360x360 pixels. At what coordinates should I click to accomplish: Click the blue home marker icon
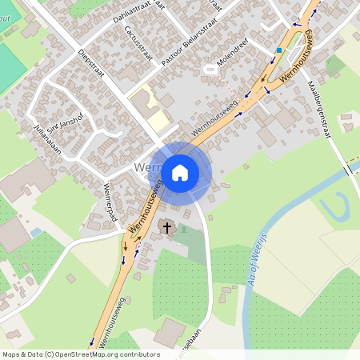[x=180, y=172]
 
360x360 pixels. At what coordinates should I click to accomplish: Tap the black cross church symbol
[x=167, y=228]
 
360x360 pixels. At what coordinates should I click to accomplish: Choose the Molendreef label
[x=231, y=52]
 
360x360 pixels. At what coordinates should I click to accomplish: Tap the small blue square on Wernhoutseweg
[x=278, y=50]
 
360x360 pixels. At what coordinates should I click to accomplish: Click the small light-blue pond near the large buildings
[x=36, y=232]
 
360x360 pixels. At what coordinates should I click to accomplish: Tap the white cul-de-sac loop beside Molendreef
[x=211, y=70]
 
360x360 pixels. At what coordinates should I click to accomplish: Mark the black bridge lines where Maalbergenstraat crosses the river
[x=348, y=170]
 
